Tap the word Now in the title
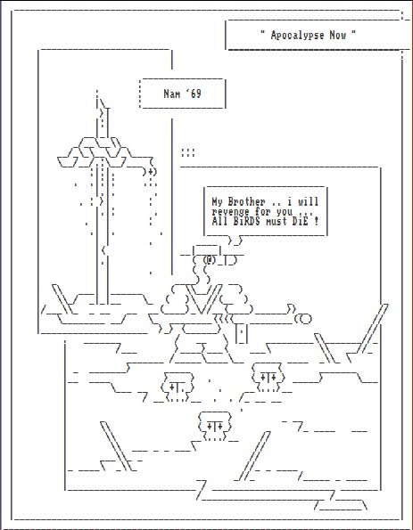pyautogui.click(x=337, y=35)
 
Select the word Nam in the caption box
pyautogui.click(x=171, y=94)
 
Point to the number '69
pyautogui.click(x=194, y=94)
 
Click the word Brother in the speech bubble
pyautogui.click(x=246, y=202)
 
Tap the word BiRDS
pyautogui.click(x=243, y=222)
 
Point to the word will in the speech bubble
pyautogui.click(x=308, y=202)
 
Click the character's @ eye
pyautogui.click(x=210, y=260)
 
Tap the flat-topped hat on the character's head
pyautogui.click(x=207, y=249)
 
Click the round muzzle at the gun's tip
pyautogui.click(x=303, y=319)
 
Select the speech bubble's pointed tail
pyautogui.click(x=235, y=241)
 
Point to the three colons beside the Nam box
pyautogui.click(x=188, y=153)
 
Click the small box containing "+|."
pyautogui.click(x=178, y=387)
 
